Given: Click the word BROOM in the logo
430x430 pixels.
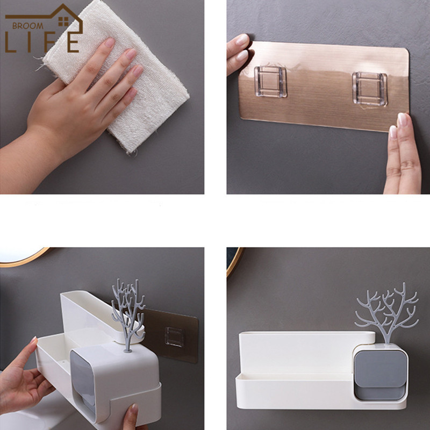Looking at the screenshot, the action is pyautogui.click(x=28, y=26).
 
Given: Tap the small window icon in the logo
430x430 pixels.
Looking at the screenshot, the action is pyautogui.click(x=63, y=21).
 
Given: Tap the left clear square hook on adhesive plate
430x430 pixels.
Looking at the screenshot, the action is pyautogui.click(x=270, y=82).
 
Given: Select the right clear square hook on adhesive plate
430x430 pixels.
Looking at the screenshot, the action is pyautogui.click(x=370, y=89).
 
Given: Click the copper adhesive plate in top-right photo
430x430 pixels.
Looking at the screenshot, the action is pyautogui.click(x=324, y=85).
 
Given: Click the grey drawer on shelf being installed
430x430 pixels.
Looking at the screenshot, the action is pyautogui.click(x=83, y=382).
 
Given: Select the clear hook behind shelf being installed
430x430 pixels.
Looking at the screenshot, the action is pyautogui.click(x=174, y=337).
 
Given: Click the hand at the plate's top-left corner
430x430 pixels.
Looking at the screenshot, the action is pyautogui.click(x=238, y=53).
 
